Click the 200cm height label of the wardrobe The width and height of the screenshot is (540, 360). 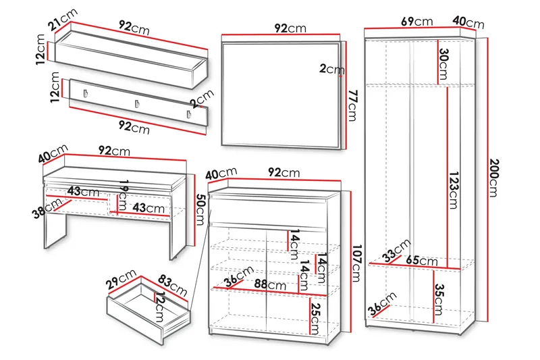click(494, 178)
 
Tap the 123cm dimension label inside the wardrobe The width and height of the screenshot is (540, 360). click(453, 190)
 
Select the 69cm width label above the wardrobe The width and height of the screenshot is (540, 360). click(417, 22)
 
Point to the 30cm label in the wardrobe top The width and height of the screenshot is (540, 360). click(443, 64)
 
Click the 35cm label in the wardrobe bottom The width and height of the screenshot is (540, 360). click(438, 299)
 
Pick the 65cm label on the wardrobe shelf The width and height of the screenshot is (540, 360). click(421, 261)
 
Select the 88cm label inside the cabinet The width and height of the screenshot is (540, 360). click(270, 284)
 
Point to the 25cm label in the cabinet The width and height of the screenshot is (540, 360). click(315, 318)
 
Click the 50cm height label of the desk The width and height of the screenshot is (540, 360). click(200, 209)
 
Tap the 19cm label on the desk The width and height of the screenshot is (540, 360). click(123, 196)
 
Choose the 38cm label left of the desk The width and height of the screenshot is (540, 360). click(47, 209)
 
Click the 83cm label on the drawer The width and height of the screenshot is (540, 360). click(173, 286)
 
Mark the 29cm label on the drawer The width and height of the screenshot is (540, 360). click(121, 280)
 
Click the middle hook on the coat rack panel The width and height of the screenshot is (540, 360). click(137, 104)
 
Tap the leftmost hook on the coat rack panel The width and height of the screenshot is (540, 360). click(86, 94)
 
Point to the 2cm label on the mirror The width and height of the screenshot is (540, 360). click(331, 69)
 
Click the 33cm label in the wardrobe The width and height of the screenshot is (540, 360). click(396, 250)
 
